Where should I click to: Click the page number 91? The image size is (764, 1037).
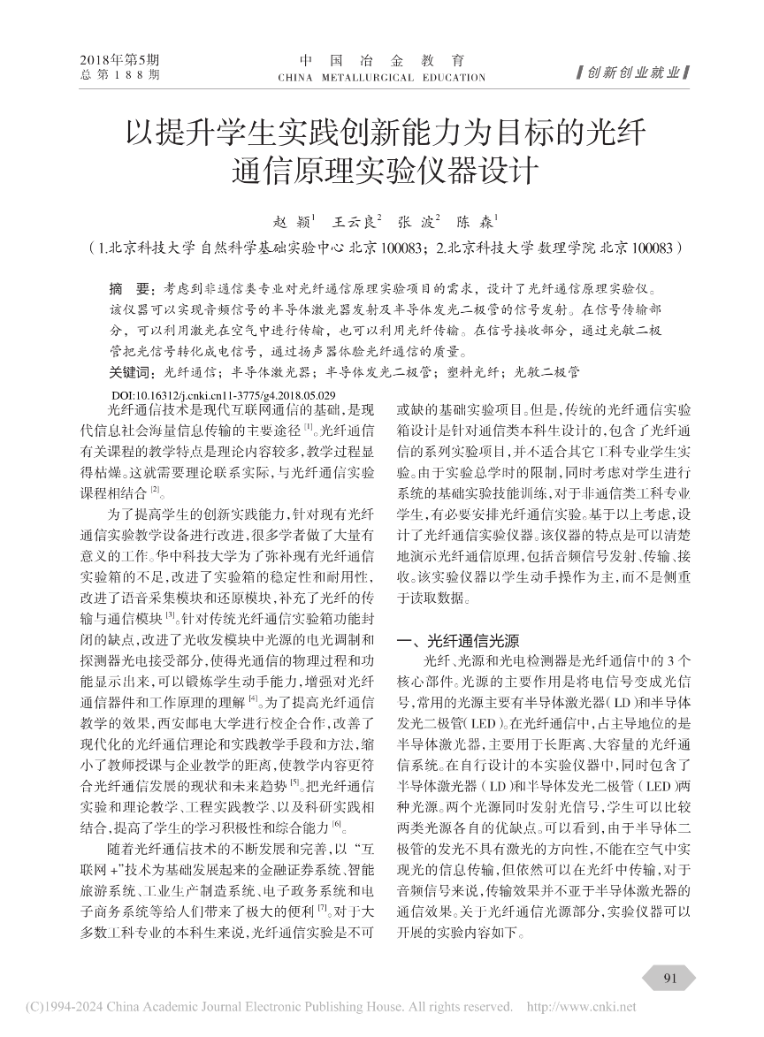669,979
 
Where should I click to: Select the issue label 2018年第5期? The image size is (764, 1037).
119,60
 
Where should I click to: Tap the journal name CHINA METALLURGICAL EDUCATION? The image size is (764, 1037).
381,78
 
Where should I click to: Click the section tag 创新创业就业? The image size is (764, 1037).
632,72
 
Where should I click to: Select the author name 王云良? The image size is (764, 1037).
355,222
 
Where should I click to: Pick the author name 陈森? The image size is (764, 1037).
477,222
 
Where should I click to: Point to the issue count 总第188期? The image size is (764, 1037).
119,76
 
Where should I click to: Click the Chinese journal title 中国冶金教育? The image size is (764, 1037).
381,61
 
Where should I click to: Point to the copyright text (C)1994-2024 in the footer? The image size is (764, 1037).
62,1007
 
